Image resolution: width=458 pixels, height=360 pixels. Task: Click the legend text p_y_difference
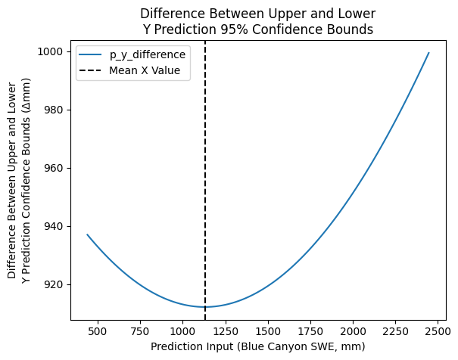click(x=148, y=55)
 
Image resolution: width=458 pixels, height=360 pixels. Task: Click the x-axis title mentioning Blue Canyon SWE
click(x=257, y=346)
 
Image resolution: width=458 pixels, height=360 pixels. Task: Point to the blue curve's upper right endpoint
click(x=428, y=53)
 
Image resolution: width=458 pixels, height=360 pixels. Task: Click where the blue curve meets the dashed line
click(x=205, y=306)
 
